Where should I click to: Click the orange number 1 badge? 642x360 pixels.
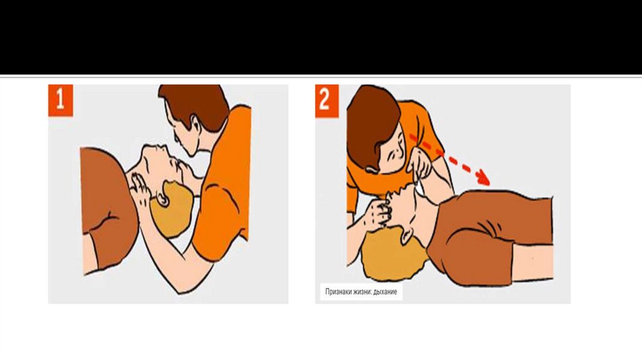coord(61,100)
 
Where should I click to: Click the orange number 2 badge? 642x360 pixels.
coord(327,101)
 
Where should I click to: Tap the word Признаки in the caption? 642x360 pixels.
coord(338,292)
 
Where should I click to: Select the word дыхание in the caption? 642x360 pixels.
coord(385,292)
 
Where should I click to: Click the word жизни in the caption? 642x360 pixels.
coord(362,292)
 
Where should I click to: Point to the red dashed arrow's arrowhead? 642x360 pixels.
coord(483,177)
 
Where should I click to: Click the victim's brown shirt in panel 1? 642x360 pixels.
coord(107,205)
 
